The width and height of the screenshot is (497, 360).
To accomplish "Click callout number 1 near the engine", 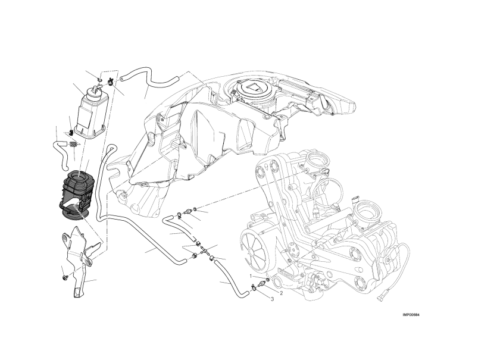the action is coord(250,276).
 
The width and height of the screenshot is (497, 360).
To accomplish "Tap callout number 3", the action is coord(272,299).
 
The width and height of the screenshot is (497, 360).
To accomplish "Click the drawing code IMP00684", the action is coord(411,315).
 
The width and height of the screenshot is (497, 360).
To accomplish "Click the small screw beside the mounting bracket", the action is coord(65,278).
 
